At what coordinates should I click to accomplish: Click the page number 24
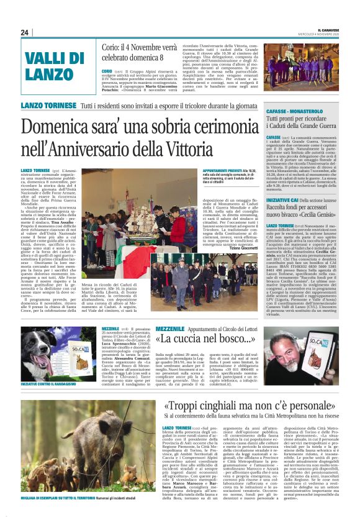coord(25,32)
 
